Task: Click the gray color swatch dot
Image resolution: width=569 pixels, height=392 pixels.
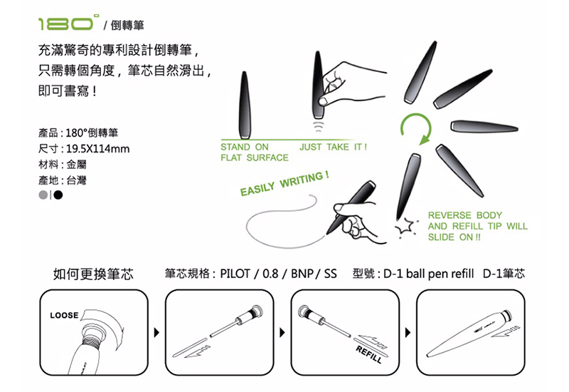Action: pyautogui.click(x=44, y=194)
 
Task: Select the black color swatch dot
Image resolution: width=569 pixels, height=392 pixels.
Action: pyautogui.click(x=58, y=194)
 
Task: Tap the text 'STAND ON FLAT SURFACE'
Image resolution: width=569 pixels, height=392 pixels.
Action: pyautogui.click(x=254, y=152)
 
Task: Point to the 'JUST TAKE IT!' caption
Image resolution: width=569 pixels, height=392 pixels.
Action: pyautogui.click(x=333, y=147)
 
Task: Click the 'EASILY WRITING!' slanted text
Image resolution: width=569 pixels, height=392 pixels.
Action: pyautogui.click(x=284, y=184)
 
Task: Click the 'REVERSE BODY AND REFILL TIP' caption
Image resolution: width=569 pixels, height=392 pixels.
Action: pyautogui.click(x=477, y=226)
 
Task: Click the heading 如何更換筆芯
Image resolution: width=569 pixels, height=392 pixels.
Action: pyautogui.click(x=93, y=274)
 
